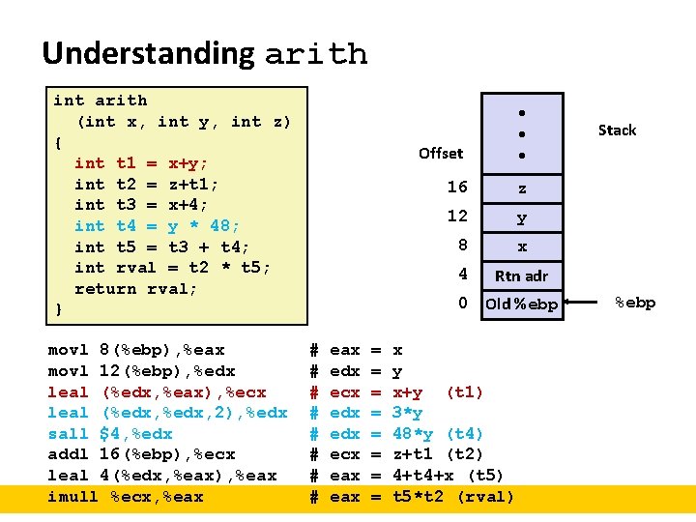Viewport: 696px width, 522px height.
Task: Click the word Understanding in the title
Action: click(x=148, y=53)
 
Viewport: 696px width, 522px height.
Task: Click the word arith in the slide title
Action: click(x=315, y=54)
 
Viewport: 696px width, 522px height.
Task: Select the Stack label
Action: click(x=617, y=130)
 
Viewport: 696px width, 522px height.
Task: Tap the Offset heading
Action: click(x=441, y=153)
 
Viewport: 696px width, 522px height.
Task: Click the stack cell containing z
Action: click(x=522, y=188)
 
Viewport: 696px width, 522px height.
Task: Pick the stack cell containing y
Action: click(x=522, y=217)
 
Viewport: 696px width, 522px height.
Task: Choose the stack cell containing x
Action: click(x=522, y=246)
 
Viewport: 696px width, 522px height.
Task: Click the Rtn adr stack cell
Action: click(x=521, y=275)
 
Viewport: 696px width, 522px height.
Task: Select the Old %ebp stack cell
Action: click(x=521, y=304)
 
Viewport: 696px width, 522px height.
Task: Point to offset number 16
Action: click(x=457, y=187)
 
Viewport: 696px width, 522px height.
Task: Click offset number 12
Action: click(x=457, y=216)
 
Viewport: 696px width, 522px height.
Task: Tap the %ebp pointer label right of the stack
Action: click(x=635, y=303)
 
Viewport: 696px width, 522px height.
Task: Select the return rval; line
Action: click(x=136, y=289)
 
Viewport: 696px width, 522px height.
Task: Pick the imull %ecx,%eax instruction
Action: click(x=126, y=497)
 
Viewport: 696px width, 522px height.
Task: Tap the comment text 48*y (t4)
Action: click(x=438, y=434)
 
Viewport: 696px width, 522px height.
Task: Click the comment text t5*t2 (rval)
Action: click(x=453, y=497)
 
